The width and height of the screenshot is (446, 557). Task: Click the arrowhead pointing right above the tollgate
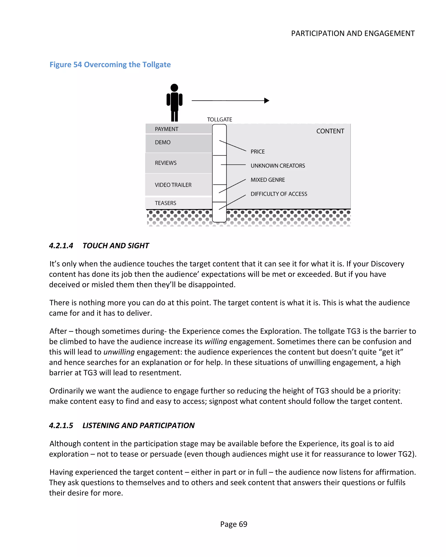267,100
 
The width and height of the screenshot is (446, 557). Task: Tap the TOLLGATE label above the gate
219,119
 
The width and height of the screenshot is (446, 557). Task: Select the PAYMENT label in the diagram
166,129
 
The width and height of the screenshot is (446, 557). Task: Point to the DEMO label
162,142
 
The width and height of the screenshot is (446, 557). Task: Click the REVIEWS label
166,163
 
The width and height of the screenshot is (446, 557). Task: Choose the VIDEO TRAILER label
173,185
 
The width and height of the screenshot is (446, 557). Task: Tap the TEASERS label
165,203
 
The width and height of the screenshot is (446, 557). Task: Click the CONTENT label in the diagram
330,131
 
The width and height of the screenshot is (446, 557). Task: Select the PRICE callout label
257,152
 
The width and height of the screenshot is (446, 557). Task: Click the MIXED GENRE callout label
267,180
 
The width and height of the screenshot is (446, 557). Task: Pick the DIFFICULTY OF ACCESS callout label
279,194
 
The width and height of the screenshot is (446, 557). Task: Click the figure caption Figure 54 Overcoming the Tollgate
110,64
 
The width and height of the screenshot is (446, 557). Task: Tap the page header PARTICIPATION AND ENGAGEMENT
353,33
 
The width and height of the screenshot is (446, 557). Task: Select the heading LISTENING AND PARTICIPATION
139,425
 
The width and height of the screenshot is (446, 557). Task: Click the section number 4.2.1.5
61,425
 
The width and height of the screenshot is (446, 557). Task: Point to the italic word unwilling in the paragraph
119,352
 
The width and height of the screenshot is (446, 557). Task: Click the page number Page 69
233,524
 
